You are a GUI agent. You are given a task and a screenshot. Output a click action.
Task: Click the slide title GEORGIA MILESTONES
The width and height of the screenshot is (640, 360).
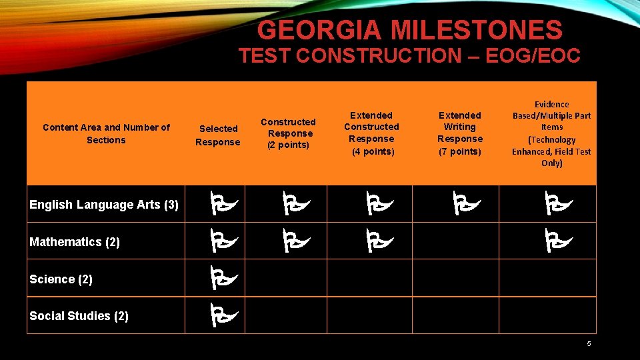409,30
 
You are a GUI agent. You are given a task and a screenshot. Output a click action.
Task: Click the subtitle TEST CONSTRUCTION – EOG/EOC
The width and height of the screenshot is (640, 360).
409,56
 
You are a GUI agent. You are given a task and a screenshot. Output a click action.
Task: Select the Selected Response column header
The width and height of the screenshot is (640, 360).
217,135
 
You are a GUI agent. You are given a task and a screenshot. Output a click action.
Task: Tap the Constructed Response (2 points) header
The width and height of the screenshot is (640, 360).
288,133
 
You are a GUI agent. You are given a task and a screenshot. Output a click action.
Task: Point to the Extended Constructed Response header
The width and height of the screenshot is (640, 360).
371,133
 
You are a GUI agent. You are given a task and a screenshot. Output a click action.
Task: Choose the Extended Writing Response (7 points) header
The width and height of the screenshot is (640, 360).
459,133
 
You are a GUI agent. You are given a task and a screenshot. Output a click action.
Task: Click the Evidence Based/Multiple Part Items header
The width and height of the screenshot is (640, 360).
551,133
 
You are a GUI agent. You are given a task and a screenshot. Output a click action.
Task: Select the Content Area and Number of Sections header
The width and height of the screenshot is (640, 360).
106,133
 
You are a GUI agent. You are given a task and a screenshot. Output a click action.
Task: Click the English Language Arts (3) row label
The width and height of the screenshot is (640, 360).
104,205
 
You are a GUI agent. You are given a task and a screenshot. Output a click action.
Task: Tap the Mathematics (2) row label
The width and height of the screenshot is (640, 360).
75,242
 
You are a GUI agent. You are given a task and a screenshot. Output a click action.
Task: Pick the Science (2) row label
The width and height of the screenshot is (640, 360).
61,279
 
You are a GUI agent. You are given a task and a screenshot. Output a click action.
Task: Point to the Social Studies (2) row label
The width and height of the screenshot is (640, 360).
79,316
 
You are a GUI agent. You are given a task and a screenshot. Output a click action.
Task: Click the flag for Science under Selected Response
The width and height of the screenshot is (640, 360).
219,277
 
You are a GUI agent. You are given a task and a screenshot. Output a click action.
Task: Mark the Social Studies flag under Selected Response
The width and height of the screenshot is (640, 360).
219,315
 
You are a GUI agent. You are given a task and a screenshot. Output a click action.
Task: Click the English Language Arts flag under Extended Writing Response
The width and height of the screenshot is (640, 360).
463,203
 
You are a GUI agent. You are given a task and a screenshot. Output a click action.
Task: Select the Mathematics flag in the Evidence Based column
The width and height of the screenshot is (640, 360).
555,241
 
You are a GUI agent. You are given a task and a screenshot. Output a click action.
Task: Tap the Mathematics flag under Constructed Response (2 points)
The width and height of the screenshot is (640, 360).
291,241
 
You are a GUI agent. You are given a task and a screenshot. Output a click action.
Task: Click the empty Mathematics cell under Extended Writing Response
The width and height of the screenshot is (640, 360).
455,241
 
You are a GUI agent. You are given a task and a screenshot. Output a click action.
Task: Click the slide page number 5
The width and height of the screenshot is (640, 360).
589,344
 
